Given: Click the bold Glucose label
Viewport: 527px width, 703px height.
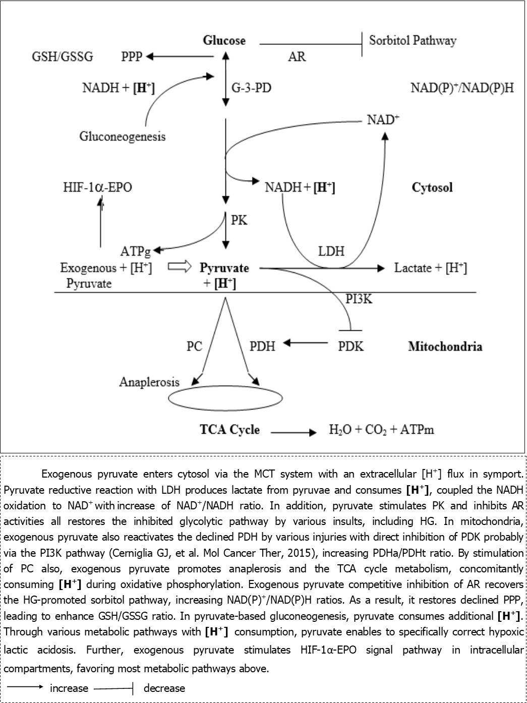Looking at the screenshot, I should [224, 40].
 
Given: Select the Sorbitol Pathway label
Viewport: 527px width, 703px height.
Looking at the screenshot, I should [413, 40].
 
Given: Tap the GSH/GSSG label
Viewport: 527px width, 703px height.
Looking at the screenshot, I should [63, 56].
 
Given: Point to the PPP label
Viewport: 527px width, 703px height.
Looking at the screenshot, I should [132, 56].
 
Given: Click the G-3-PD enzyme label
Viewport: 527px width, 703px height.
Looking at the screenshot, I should [251, 88].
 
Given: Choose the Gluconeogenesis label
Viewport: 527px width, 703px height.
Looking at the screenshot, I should [123, 136].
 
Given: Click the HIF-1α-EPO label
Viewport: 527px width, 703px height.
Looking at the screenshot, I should [97, 188].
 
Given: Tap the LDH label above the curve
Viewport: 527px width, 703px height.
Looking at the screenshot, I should [331, 251].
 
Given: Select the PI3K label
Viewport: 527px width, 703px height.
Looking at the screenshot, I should [359, 299].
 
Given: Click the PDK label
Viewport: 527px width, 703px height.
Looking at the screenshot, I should [350, 346].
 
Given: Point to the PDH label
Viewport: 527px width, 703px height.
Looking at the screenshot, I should [262, 346].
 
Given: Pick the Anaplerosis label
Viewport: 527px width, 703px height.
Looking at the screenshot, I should [149, 382].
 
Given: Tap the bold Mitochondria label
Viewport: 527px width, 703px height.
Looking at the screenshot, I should [445, 346].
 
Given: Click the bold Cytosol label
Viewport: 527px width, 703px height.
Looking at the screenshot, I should [432, 188].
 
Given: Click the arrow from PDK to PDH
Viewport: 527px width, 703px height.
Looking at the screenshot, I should [306, 343].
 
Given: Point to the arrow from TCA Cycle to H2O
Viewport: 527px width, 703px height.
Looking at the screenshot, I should [294, 432].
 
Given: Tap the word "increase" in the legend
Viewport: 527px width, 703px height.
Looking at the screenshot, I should [69, 688].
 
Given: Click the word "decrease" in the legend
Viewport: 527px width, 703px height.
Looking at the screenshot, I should [164, 688].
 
